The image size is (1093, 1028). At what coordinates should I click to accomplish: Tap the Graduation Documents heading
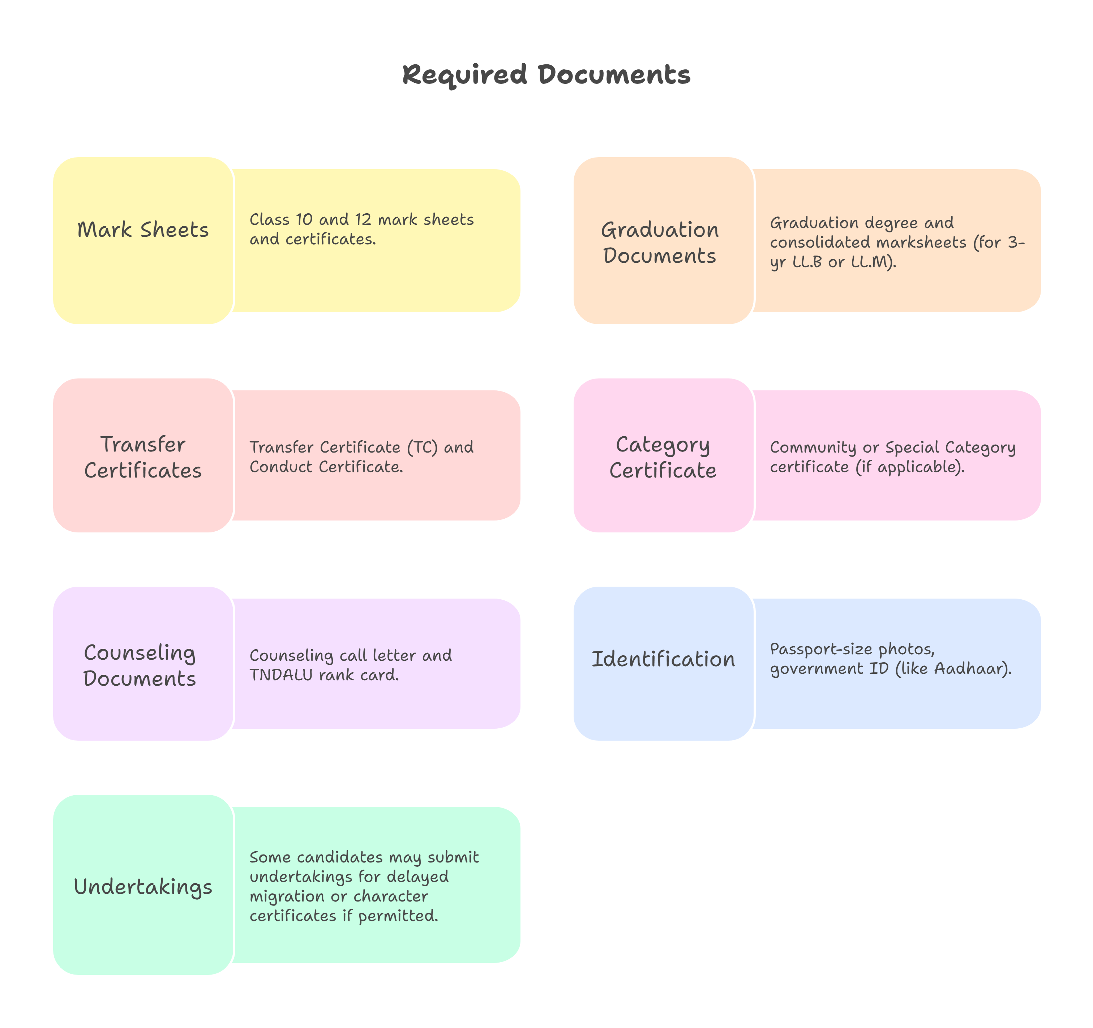coord(660,243)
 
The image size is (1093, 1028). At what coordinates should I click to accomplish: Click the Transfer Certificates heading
coord(143,457)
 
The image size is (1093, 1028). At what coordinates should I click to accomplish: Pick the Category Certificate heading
coord(663,457)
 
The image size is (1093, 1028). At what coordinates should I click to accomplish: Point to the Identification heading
coord(663,659)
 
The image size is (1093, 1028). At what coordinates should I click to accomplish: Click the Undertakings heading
coord(143,887)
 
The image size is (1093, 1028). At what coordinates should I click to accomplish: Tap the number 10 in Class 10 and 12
coord(304,220)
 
